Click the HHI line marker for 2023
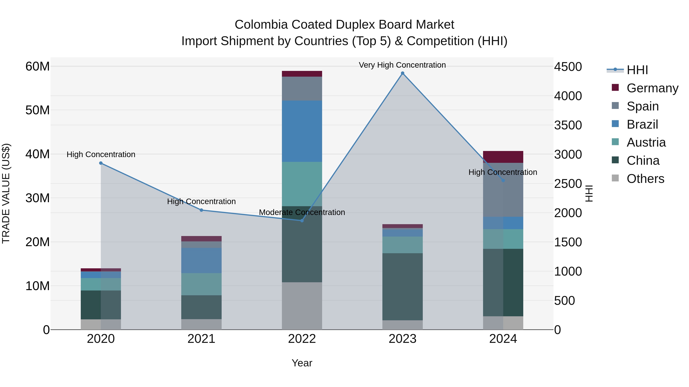[x=402, y=73]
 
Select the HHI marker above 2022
[x=302, y=221]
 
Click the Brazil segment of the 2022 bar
[x=302, y=131]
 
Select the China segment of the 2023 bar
[x=402, y=287]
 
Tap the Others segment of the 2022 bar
[x=302, y=306]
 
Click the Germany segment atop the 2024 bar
[x=503, y=157]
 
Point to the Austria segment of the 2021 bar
[x=201, y=284]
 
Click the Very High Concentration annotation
[x=402, y=65]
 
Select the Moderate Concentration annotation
[x=302, y=212]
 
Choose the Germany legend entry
[x=652, y=88]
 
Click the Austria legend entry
[x=646, y=142]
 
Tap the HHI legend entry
[x=637, y=70]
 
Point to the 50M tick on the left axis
[x=38, y=110]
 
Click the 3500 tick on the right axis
[x=568, y=125]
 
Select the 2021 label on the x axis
[x=201, y=339]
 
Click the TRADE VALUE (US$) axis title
[x=6, y=193]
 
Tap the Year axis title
[x=302, y=363]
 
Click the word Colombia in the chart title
[x=261, y=25]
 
